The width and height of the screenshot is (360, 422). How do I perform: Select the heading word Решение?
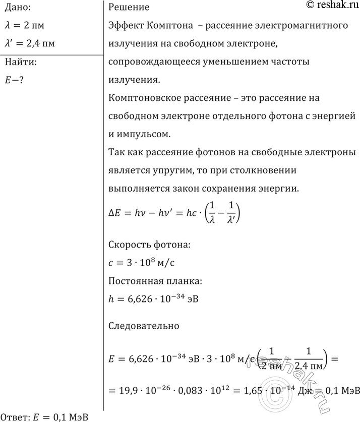[x=129, y=8]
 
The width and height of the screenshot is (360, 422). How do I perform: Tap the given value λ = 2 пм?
[x=27, y=25]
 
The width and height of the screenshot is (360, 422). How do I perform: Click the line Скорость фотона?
[x=150, y=245]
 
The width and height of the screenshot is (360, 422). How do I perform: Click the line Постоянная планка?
[x=156, y=281]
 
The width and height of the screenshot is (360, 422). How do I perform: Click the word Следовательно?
[x=144, y=326]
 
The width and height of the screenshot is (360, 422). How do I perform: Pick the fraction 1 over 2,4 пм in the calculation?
[x=307, y=359]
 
